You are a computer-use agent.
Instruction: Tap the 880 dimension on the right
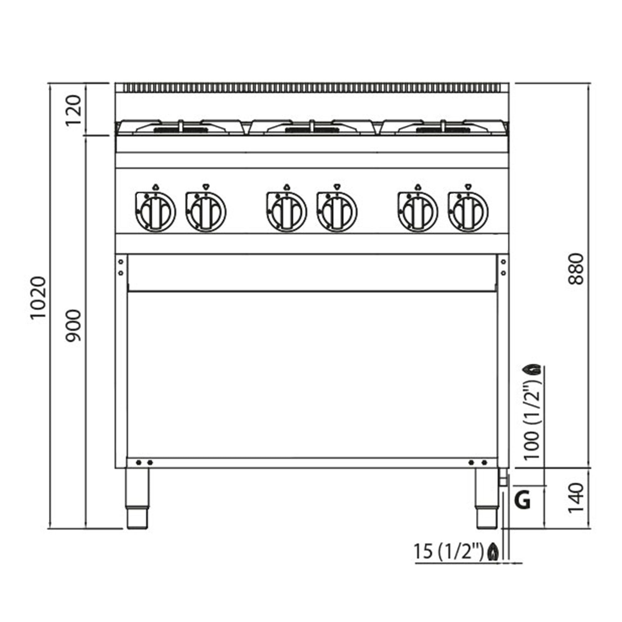point(576,269)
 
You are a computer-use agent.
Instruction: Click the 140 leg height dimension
point(576,503)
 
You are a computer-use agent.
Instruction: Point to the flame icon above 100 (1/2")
point(532,369)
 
